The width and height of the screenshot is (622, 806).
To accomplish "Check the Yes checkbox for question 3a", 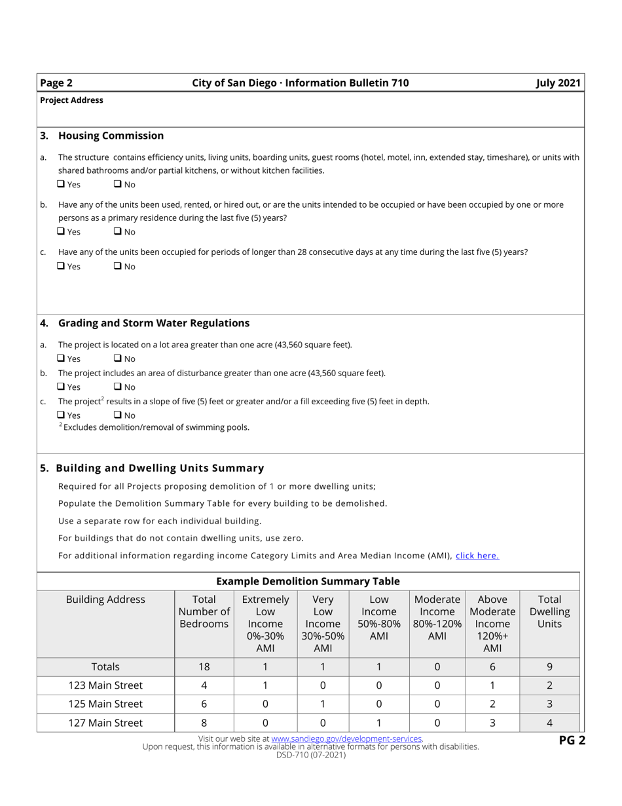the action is click(61, 184).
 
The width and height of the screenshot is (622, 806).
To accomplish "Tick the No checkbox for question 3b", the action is click(118, 231).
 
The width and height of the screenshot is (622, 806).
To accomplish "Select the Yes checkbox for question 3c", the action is click(61, 267).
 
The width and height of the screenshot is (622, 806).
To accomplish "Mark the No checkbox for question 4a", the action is click(118, 358).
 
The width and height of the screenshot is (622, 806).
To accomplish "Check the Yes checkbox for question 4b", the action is click(61, 387).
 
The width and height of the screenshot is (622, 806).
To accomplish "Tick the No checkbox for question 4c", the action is click(118, 415).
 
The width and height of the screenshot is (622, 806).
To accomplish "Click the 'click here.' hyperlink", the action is click(477, 556).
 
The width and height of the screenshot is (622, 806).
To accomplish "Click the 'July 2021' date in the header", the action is click(558, 83).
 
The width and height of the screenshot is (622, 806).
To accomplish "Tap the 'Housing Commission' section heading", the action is click(111, 136).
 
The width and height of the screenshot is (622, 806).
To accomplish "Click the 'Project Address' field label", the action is click(71, 100).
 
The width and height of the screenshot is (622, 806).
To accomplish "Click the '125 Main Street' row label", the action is click(105, 704).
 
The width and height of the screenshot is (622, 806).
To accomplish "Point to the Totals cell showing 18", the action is click(204, 667).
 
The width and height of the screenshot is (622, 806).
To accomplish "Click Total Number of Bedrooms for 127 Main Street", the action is click(204, 723).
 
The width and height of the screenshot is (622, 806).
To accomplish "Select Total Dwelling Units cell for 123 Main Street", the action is click(549, 685).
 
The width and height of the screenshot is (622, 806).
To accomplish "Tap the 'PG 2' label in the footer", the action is click(571, 741).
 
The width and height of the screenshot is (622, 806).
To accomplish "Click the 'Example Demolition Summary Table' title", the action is click(308, 581).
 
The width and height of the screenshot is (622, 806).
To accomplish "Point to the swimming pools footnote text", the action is click(155, 427).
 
